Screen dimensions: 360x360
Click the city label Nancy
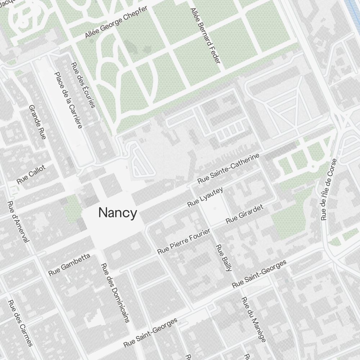(118, 213)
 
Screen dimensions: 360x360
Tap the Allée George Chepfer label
(116, 22)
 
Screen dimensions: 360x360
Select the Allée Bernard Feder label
(205, 36)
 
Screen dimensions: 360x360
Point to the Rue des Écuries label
(83, 85)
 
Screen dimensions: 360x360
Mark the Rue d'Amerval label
(18, 222)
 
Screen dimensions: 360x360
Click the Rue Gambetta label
(69, 265)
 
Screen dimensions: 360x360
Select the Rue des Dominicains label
(115, 292)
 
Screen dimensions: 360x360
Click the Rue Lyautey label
(205, 197)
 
